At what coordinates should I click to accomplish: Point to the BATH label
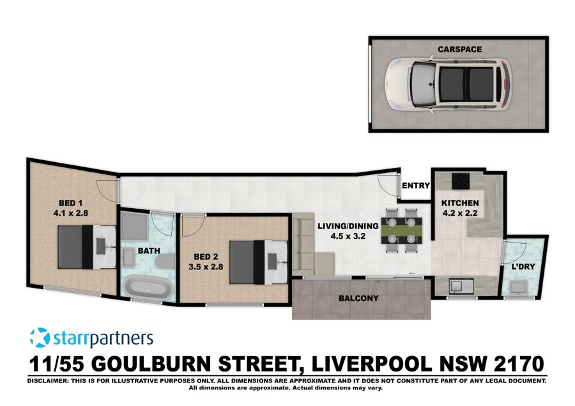pyautogui.click(x=148, y=251)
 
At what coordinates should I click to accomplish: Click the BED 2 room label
pyautogui.click(x=207, y=258)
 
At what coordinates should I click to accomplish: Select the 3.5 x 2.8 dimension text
pyautogui.click(x=207, y=269)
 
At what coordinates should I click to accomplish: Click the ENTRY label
pyautogui.click(x=415, y=186)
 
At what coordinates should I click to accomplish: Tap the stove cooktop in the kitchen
pyautogui.click(x=461, y=181)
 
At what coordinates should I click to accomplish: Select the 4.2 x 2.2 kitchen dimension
pyautogui.click(x=460, y=214)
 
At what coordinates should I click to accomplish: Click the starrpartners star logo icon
pyautogui.click(x=40, y=337)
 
